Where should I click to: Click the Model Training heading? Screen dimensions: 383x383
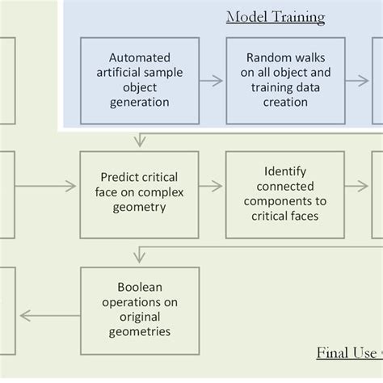[x=275, y=17]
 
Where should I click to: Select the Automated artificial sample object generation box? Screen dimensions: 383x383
[x=139, y=80]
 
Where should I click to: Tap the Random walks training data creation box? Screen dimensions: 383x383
[x=285, y=80]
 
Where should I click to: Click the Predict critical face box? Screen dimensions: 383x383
[x=139, y=194]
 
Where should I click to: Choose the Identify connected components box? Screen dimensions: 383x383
[x=285, y=194]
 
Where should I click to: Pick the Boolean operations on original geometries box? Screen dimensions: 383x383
[x=139, y=310]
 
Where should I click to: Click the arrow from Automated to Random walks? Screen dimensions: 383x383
[x=212, y=80]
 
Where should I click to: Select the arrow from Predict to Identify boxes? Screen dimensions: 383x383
[x=212, y=186]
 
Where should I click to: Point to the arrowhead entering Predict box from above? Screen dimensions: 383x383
[x=140, y=142]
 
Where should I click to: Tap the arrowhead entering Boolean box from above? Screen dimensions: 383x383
[x=140, y=258]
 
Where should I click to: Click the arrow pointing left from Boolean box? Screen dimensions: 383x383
[x=48, y=315]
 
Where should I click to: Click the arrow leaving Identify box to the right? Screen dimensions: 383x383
[x=358, y=187]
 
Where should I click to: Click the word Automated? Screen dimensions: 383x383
[x=139, y=57]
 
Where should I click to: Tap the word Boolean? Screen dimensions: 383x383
[x=139, y=288]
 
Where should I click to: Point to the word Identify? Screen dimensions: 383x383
[x=285, y=171]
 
